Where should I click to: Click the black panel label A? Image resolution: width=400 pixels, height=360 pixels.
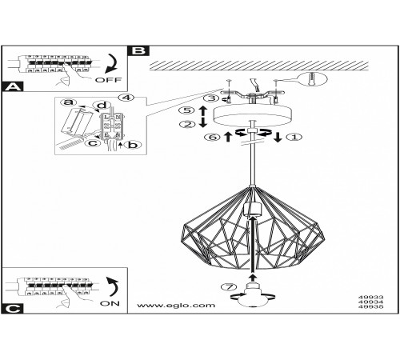pyautogui.click(x=12, y=86)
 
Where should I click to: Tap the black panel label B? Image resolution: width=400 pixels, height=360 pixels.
pyautogui.click(x=138, y=50)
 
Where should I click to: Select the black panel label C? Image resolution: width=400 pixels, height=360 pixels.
pyautogui.click(x=12, y=309)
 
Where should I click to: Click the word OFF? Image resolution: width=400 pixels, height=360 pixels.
pyautogui.click(x=108, y=80)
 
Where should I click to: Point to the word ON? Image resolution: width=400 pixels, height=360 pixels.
pyautogui.click(x=110, y=303)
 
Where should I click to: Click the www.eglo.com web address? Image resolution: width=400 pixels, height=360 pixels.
pyautogui.click(x=176, y=305)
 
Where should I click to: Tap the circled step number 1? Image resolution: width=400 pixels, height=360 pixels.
pyautogui.click(x=294, y=137)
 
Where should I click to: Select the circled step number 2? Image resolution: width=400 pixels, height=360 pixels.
pyautogui.click(x=187, y=124)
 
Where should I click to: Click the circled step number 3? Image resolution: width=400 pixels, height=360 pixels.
pyautogui.click(x=211, y=98)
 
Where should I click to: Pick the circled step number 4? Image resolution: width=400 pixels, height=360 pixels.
pyautogui.click(x=127, y=98)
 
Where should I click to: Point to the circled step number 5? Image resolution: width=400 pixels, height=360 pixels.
pyautogui.click(x=187, y=110)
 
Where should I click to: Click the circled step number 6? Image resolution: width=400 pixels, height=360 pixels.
pyautogui.click(x=212, y=137)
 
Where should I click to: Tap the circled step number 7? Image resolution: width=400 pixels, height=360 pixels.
pyautogui.click(x=229, y=287)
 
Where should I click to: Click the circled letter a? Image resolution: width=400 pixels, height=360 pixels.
pyautogui.click(x=68, y=102)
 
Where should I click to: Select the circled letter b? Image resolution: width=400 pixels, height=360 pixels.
pyautogui.click(x=133, y=145)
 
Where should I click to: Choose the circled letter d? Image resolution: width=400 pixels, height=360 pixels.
pyautogui.click(x=102, y=106)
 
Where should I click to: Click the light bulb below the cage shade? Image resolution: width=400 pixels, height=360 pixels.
pyautogui.click(x=253, y=295)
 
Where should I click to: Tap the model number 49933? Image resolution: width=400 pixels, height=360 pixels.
pyautogui.click(x=371, y=297)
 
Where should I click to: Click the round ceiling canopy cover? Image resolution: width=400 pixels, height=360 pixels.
pyautogui.click(x=253, y=116)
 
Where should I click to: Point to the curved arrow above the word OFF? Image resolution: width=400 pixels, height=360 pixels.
pyautogui.click(x=112, y=63)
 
